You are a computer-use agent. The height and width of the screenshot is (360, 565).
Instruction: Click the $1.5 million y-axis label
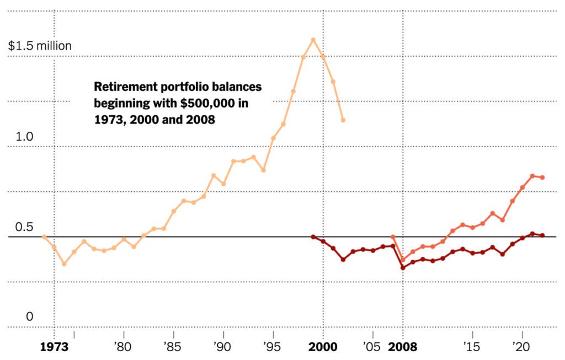click(40, 46)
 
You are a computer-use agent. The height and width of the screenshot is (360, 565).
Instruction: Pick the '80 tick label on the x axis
click(122, 347)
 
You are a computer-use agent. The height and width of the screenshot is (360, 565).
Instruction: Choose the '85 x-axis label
click(173, 347)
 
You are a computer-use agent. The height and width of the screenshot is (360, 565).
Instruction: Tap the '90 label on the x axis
click(222, 347)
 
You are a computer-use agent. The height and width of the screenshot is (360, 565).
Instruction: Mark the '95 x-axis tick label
click(272, 347)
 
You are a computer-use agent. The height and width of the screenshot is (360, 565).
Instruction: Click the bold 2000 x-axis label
click(323, 347)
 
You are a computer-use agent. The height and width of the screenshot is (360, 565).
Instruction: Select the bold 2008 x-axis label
click(403, 347)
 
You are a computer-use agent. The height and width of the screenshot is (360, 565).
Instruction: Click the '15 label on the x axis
click(472, 347)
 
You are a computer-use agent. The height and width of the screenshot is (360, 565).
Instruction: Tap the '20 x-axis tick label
click(521, 347)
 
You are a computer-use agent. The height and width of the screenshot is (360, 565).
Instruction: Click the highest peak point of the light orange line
click(313, 40)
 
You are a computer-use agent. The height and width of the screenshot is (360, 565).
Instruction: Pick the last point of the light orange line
click(343, 120)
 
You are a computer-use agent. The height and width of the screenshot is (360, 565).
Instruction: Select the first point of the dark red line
click(313, 237)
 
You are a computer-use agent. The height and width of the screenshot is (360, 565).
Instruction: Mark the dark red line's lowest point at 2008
click(403, 268)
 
